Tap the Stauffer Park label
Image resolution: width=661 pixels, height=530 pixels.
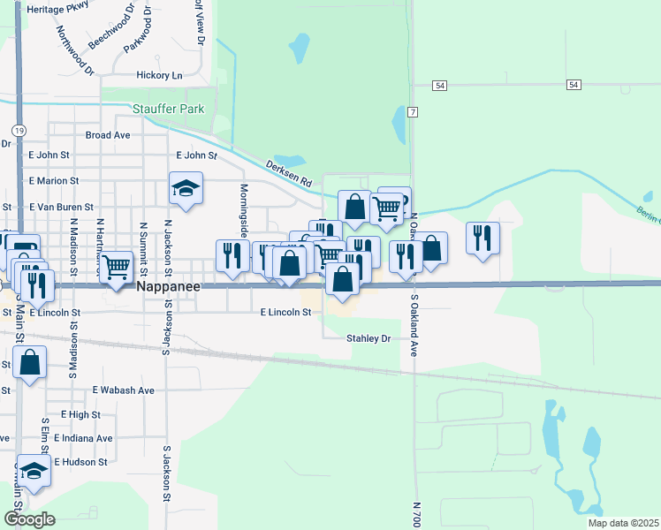[168, 109]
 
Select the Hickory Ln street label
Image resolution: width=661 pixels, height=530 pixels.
[159, 75]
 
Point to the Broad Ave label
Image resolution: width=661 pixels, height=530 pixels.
[108, 135]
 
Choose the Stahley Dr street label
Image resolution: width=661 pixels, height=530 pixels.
[368, 338]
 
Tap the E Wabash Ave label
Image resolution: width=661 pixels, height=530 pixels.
[123, 390]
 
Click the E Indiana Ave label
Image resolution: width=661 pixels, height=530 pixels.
[83, 438]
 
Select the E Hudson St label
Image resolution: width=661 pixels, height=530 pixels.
[80, 462]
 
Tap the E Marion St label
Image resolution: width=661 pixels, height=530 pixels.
[54, 181]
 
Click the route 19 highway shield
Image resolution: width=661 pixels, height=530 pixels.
[19, 129]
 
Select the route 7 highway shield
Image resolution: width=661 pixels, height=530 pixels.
[412, 112]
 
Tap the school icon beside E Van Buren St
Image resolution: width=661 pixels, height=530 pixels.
[186, 189]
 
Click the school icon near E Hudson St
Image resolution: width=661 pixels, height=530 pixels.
[34, 470]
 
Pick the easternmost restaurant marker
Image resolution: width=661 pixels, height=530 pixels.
[482, 237]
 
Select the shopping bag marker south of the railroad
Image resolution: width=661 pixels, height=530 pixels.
[29, 362]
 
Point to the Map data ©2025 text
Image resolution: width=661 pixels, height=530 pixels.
[623, 523]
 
